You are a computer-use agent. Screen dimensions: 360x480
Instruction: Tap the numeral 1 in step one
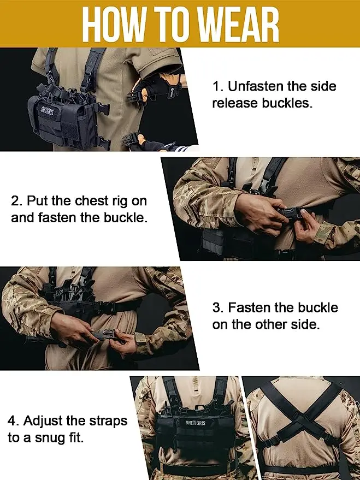[217, 87]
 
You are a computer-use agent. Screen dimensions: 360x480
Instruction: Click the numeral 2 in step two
[16, 201]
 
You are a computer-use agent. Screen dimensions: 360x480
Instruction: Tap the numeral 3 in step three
[217, 307]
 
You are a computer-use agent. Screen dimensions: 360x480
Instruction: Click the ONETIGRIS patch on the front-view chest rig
[196, 423]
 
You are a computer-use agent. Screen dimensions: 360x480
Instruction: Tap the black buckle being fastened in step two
[288, 212]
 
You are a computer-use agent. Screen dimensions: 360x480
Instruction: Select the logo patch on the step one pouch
[47, 111]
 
